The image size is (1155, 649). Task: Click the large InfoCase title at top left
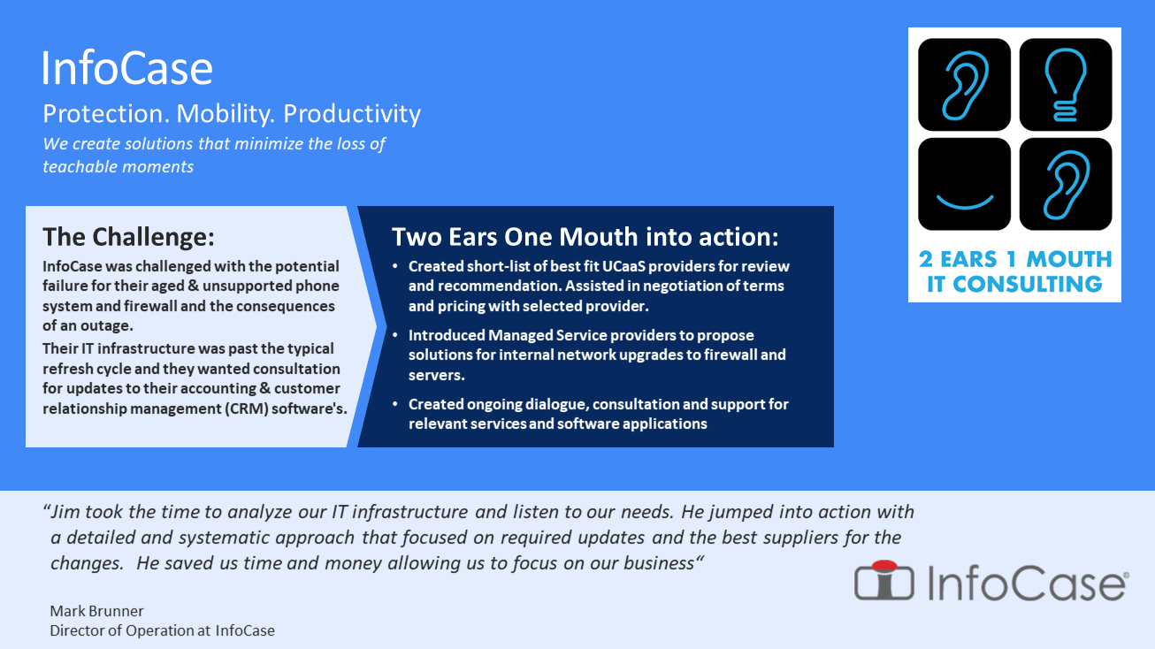[127, 68]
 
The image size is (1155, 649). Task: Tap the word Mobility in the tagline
[225, 114]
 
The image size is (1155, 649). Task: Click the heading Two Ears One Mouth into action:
[585, 237]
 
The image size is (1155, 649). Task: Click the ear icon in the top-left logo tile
[964, 85]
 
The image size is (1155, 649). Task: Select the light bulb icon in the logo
[1066, 85]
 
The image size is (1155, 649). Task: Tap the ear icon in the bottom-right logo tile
[1066, 184]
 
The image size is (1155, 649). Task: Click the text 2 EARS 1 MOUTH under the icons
[1015, 259]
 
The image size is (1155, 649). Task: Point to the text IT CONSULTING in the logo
[1015, 284]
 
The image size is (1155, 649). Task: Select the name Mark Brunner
[96, 611]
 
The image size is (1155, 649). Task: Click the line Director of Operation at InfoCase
[162, 630]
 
